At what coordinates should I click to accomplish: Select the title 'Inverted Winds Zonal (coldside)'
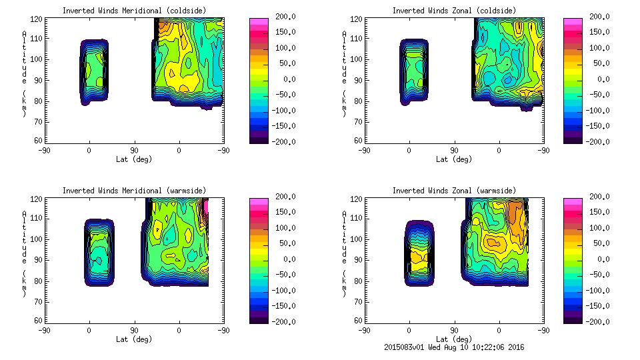[x=453, y=10]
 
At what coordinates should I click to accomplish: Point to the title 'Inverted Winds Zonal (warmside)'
[x=453, y=190]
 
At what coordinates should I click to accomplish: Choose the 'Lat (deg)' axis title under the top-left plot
[x=133, y=159]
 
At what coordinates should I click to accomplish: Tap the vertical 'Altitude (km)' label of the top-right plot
[x=344, y=73]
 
